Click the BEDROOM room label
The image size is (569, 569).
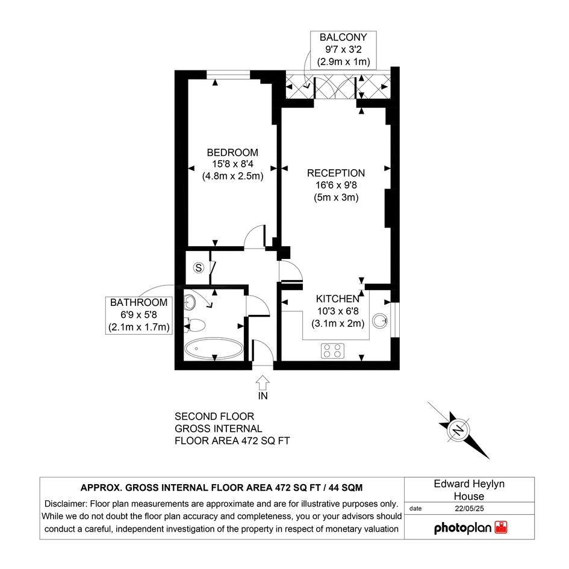tap(232, 152)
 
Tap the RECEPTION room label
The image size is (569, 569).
tap(335, 173)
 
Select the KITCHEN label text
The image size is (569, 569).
tap(337, 299)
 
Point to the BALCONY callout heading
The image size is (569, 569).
tap(343, 37)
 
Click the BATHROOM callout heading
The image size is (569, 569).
tap(138, 302)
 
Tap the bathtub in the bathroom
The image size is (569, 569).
tap(214, 349)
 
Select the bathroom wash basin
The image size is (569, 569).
tap(190, 302)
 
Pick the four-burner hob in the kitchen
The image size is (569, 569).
tap(332, 350)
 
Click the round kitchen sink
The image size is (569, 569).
tap(380, 321)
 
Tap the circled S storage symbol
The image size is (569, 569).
tap(198, 268)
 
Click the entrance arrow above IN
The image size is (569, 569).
tap(263, 382)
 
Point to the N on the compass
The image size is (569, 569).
tap(459, 430)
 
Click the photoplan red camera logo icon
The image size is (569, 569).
tap(501, 527)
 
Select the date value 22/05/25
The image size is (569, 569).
tap(469, 508)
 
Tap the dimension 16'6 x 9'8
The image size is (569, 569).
tap(336, 185)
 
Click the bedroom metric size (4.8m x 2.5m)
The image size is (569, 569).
tap(232, 176)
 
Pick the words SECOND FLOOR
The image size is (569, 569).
tap(214, 416)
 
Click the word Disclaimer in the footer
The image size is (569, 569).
tap(66, 504)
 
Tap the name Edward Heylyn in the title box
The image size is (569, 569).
tap(469, 483)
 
